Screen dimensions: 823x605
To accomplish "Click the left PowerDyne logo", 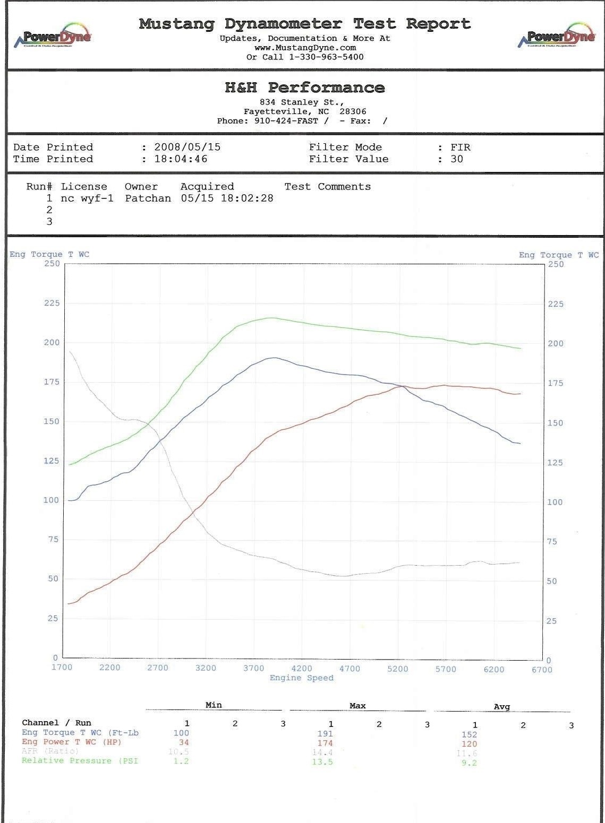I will tap(56, 36).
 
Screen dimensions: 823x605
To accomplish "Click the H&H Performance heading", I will tap(304, 88).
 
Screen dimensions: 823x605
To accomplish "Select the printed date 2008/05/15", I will tap(187, 147).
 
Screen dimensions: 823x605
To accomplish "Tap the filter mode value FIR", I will tap(460, 147).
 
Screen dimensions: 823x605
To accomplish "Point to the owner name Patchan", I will tap(148, 198).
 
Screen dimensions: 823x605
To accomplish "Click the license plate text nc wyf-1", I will tap(87, 198).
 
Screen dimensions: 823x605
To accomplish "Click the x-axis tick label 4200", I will tap(302, 668).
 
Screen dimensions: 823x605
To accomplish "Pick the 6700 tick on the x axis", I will tap(542, 670).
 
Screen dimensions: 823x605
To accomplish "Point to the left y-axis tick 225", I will tap(52, 303).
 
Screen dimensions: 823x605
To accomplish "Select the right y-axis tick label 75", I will tap(552, 542).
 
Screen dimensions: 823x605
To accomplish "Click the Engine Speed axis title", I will tap(301, 678).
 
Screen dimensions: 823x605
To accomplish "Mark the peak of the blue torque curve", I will tap(274, 358).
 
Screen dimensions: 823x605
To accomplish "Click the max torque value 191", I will tap(325, 734).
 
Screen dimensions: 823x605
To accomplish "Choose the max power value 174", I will tap(325, 743).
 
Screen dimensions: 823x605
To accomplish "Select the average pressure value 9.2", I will tap(469, 763).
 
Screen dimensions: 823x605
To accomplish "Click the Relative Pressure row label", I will tap(80, 761).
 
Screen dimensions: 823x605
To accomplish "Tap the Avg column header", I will tap(501, 707).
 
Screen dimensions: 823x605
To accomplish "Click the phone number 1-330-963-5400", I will tap(326, 57).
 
